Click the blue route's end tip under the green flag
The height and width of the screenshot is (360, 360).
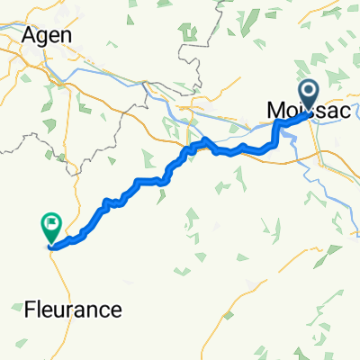51,244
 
